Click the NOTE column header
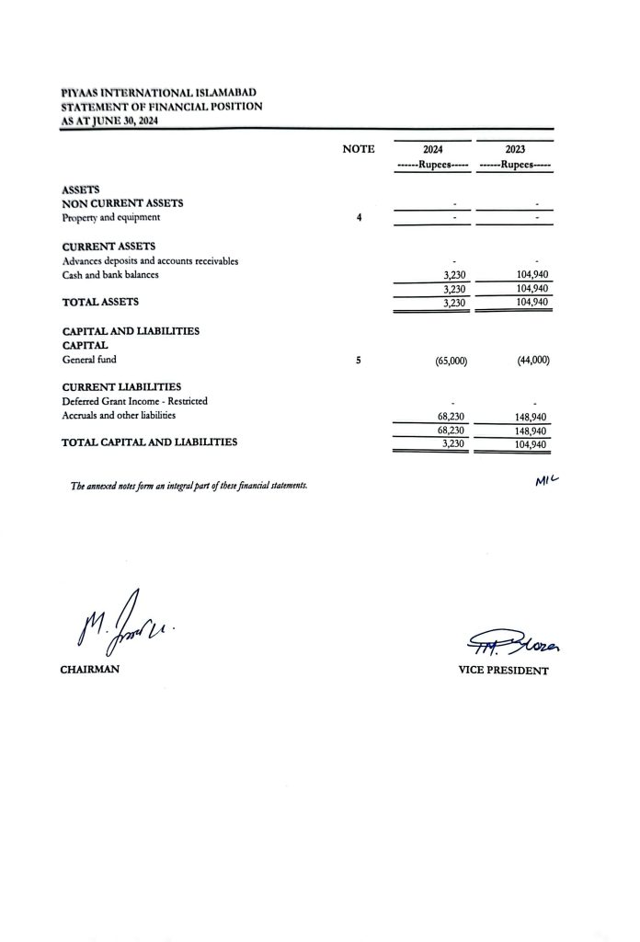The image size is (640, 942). tap(358, 149)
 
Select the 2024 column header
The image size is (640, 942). tap(432, 149)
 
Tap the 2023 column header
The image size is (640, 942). tap(515, 149)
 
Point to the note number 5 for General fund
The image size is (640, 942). tap(358, 361)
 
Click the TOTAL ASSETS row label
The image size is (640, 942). tap(100, 301)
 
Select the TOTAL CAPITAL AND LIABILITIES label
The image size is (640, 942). tap(149, 442)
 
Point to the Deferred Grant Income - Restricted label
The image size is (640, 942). tap(134, 401)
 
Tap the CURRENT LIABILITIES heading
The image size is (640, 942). tap(121, 387)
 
